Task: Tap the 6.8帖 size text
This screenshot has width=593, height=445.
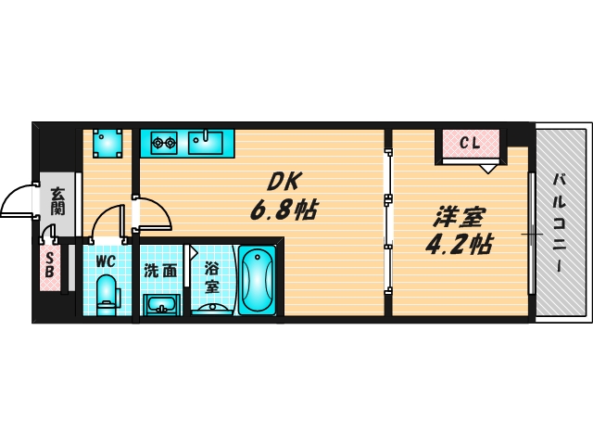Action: tap(283, 210)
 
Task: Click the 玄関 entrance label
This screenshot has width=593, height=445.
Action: tap(57, 201)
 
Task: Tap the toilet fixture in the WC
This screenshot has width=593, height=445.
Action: tap(107, 293)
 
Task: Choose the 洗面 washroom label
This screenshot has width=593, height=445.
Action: tap(160, 272)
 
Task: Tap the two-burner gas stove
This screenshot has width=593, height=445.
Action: tap(164, 143)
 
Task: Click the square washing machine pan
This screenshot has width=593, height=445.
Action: tap(107, 143)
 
